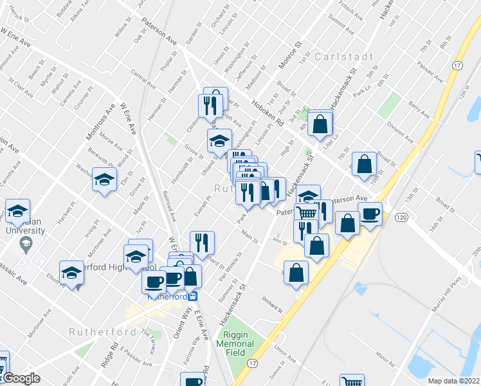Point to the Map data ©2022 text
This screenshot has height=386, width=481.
click(454, 381)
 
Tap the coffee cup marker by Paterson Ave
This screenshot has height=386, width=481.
click(370, 214)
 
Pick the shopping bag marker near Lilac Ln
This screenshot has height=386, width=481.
click(320, 124)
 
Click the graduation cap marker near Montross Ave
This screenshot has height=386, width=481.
click(104, 179)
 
